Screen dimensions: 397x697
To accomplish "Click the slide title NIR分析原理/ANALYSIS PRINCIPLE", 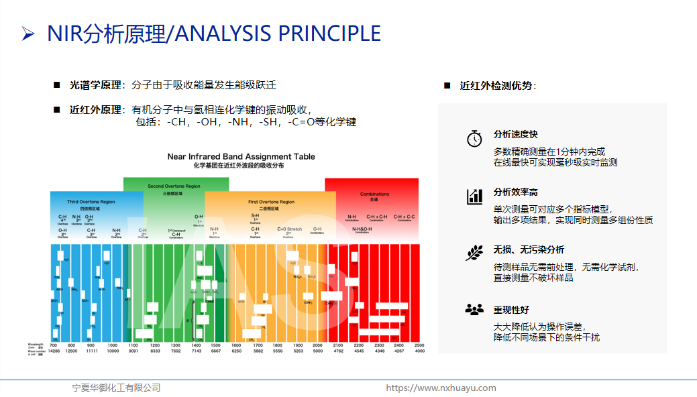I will pyautogui.click(x=213, y=34).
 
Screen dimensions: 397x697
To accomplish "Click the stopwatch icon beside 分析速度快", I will pyautogui.click(x=474, y=139).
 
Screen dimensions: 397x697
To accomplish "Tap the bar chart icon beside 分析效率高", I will pyautogui.click(x=474, y=196).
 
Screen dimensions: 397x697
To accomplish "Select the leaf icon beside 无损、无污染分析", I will pyautogui.click(x=474, y=253).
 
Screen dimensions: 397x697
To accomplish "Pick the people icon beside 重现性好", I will pyautogui.click(x=474, y=309).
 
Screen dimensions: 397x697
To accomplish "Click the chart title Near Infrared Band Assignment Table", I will pyautogui.click(x=241, y=156).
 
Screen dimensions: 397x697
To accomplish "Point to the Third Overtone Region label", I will pyautogui.click(x=91, y=202).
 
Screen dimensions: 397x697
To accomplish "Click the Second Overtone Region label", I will pyautogui.click(x=174, y=186).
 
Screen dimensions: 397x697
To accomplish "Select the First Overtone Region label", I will pyautogui.click(x=271, y=202).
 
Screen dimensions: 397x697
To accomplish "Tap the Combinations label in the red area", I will pyautogui.click(x=374, y=194).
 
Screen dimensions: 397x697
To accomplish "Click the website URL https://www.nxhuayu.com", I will pyautogui.click(x=441, y=388).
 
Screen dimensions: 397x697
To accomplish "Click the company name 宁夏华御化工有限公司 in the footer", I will pyautogui.click(x=117, y=388).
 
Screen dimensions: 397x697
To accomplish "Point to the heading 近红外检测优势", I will pyautogui.click(x=496, y=86).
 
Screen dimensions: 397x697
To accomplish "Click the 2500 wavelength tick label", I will pyautogui.click(x=419, y=345).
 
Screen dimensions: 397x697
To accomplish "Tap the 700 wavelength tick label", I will pyautogui.click(x=54, y=345).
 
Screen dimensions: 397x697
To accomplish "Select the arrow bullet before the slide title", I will pyautogui.click(x=28, y=34).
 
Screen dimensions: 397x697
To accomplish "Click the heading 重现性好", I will pyautogui.click(x=511, y=309).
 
